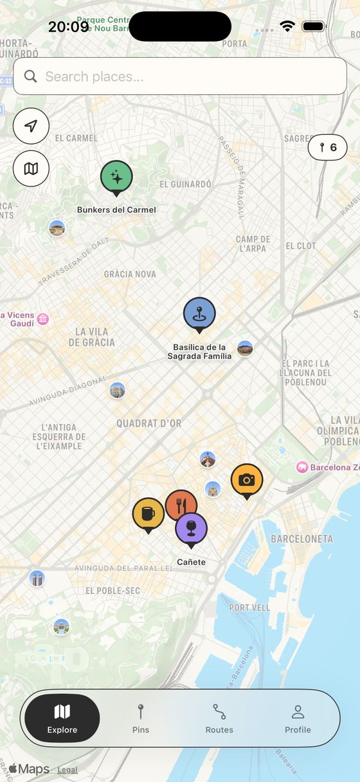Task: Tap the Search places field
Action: [x=180, y=76]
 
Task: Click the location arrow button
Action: [x=31, y=126]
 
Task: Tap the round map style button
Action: [x=31, y=168]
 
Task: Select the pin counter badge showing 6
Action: [x=328, y=147]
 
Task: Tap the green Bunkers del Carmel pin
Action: [x=116, y=177]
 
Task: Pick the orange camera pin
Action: [x=247, y=480]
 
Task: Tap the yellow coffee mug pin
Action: [x=148, y=513]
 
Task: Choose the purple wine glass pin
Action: [x=191, y=528]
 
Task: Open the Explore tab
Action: [x=62, y=718]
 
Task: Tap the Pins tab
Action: [x=141, y=718]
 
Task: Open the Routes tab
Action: [x=219, y=718]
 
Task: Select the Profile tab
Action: [x=298, y=718]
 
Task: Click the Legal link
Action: [x=67, y=770]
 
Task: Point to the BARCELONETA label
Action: [x=301, y=539]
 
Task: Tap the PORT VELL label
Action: [x=249, y=607]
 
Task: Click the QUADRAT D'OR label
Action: [x=148, y=423]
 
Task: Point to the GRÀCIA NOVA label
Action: [x=130, y=274]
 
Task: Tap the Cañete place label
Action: [x=191, y=562]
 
